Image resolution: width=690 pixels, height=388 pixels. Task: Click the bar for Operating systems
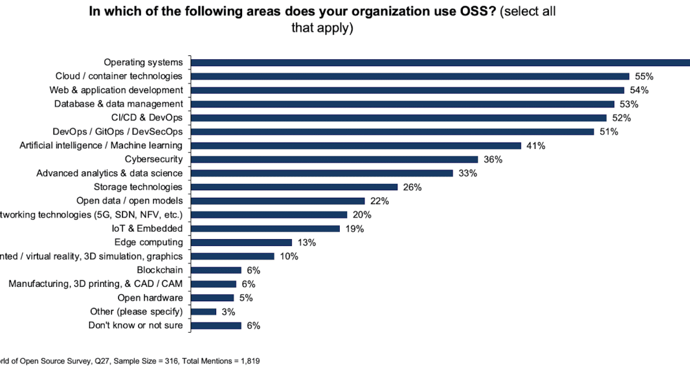click(x=440, y=63)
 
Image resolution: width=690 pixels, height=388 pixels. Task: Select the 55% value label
click(x=645, y=76)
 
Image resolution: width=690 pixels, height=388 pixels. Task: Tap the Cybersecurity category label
click(x=154, y=159)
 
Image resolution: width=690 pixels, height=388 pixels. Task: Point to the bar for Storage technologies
click(x=294, y=187)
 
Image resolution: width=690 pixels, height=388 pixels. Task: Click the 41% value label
click(x=535, y=145)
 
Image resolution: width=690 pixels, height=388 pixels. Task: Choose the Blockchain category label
click(x=159, y=270)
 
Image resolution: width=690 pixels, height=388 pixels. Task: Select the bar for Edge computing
click(x=241, y=243)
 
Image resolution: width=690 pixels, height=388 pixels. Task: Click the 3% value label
click(x=228, y=312)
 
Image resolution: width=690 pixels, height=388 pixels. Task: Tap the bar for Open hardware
click(x=212, y=298)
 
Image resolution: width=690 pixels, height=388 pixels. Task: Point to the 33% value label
click(x=467, y=173)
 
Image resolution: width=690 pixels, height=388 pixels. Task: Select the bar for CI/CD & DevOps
click(x=398, y=118)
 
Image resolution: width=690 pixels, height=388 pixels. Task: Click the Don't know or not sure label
click(x=136, y=325)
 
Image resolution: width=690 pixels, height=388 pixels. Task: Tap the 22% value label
click(x=379, y=201)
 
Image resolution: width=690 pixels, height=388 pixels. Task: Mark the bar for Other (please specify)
click(x=204, y=312)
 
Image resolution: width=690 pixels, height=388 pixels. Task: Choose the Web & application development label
click(x=116, y=90)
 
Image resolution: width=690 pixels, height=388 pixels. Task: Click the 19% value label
click(x=354, y=228)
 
